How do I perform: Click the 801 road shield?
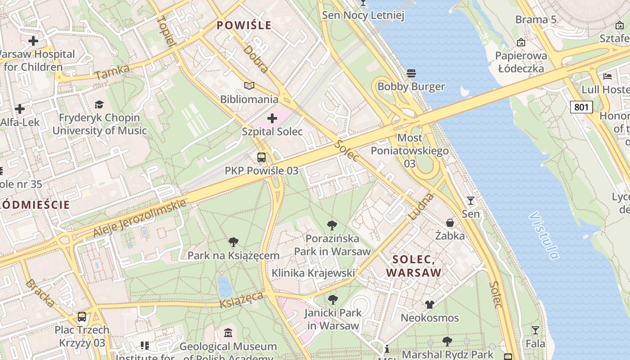point(581,107)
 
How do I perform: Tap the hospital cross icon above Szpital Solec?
point(272,118)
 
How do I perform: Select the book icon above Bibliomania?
point(249,85)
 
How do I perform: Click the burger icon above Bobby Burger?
point(411,73)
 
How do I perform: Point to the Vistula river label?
point(544,235)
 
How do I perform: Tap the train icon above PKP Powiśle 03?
point(261,157)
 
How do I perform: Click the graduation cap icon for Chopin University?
point(99,104)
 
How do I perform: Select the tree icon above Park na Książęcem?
point(233,242)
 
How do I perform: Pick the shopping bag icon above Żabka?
point(450,222)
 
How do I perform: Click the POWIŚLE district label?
point(244,25)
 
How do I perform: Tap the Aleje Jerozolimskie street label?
point(139,218)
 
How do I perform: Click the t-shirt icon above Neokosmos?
point(430,305)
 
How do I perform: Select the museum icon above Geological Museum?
point(228,333)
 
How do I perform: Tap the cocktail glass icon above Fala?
point(535,330)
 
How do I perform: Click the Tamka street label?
point(112,72)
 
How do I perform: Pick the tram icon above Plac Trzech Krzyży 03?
point(82,316)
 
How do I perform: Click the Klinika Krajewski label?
point(313,273)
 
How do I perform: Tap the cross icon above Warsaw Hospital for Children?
point(33,41)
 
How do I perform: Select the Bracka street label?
point(40,293)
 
